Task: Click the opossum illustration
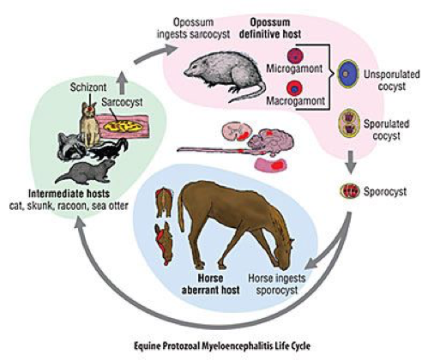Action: [225, 75]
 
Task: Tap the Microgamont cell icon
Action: [295, 56]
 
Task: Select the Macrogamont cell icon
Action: [293, 88]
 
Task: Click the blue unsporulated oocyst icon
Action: [348, 74]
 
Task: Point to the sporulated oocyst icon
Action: [349, 123]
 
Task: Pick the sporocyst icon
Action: [350, 191]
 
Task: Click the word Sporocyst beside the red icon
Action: [385, 192]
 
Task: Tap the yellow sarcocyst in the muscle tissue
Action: [124, 126]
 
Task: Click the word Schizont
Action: [88, 87]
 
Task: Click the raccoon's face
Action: [71, 147]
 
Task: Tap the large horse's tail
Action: [181, 213]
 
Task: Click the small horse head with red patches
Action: [164, 243]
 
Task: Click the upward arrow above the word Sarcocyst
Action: [122, 83]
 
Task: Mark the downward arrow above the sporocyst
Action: [352, 161]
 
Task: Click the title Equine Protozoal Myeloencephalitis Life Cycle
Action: [222, 346]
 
